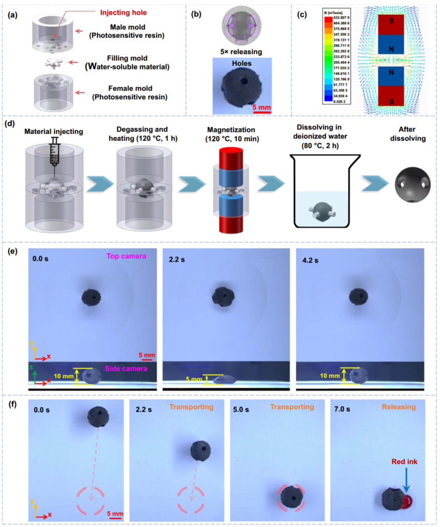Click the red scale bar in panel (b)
(x=262, y=108)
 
